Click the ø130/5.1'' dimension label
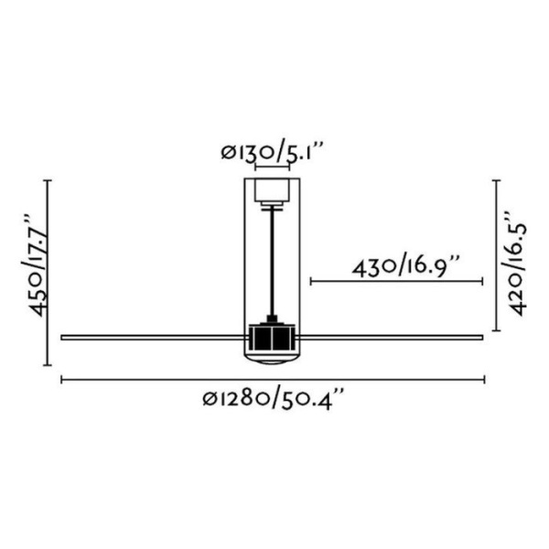[x=274, y=151]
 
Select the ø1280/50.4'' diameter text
[x=274, y=399]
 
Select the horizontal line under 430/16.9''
[x=396, y=282]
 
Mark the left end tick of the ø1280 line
[x=61, y=378]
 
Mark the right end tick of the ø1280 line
[x=483, y=378]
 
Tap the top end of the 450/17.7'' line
[x=48, y=180]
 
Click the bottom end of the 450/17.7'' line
[x=48, y=364]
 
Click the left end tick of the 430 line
[x=310, y=282]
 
